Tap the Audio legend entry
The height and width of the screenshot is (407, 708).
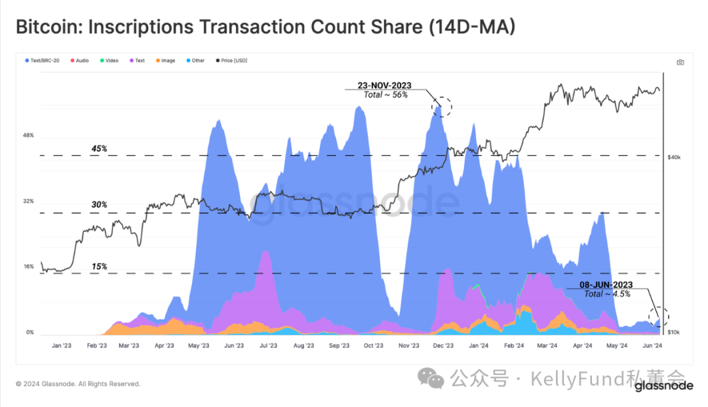pyautogui.click(x=80, y=61)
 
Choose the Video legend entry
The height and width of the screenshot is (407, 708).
pyautogui.click(x=109, y=61)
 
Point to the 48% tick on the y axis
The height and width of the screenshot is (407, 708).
pyautogui.click(x=28, y=135)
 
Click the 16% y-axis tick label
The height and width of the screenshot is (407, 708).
pyautogui.click(x=28, y=267)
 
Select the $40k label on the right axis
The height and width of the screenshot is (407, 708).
pyautogui.click(x=675, y=158)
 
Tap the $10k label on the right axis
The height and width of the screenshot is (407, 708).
pyautogui.click(x=675, y=333)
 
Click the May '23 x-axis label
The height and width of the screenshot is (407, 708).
pyautogui.click(x=199, y=345)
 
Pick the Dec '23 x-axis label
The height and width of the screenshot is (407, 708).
pyautogui.click(x=444, y=345)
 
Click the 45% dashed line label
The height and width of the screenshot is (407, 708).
pyautogui.click(x=99, y=149)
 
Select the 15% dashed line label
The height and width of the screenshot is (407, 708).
pyautogui.click(x=99, y=266)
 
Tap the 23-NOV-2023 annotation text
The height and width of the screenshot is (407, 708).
pyautogui.click(x=385, y=85)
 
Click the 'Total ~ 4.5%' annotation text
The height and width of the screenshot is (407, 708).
pyautogui.click(x=607, y=294)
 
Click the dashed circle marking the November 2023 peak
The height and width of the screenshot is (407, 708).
pyautogui.click(x=441, y=105)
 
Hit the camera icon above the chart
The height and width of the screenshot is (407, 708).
pyautogui.click(x=680, y=62)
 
